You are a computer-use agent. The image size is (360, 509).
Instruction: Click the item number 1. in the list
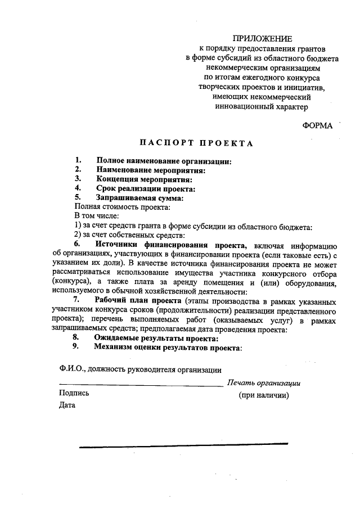click(79, 161)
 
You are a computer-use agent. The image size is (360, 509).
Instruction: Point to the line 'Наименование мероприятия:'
click(150, 170)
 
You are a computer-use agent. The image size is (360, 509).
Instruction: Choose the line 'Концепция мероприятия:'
click(144, 179)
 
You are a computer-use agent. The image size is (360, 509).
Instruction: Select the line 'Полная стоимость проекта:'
click(118, 207)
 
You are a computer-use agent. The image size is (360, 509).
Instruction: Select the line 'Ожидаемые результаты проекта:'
click(156, 338)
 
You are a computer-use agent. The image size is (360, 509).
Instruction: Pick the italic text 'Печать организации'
click(263, 383)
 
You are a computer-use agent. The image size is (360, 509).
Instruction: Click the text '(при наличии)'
click(264, 395)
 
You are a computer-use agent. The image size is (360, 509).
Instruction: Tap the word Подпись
click(74, 393)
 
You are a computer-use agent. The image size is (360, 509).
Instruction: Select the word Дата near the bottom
click(67, 404)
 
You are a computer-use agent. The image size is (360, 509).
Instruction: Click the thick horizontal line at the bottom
click(183, 447)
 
